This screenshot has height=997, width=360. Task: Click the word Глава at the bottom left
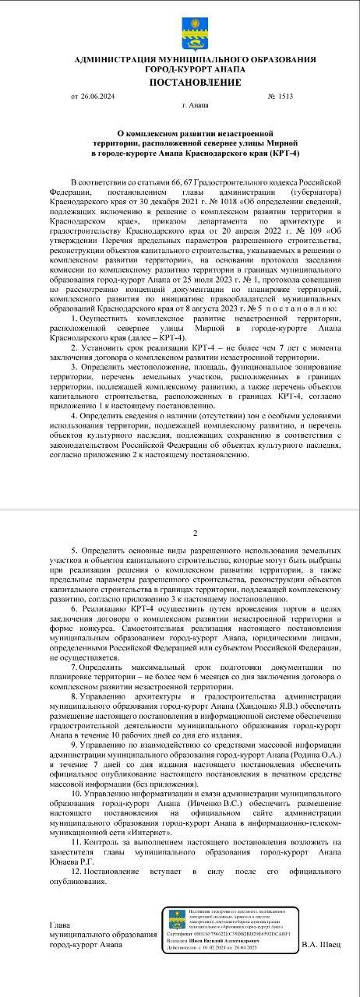[x=60, y=925]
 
